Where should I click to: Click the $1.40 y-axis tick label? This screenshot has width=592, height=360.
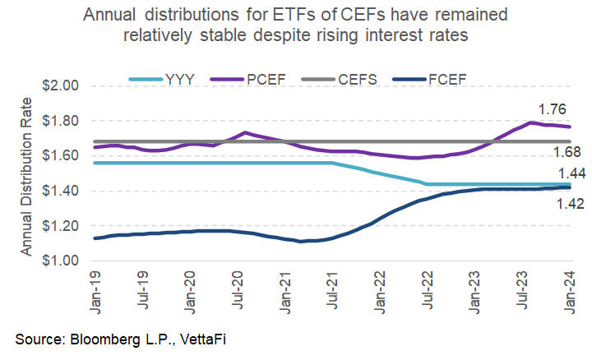click(59, 191)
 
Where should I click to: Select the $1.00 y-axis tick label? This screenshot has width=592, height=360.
click(59, 261)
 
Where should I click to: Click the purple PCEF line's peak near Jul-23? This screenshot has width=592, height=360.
click(533, 122)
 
